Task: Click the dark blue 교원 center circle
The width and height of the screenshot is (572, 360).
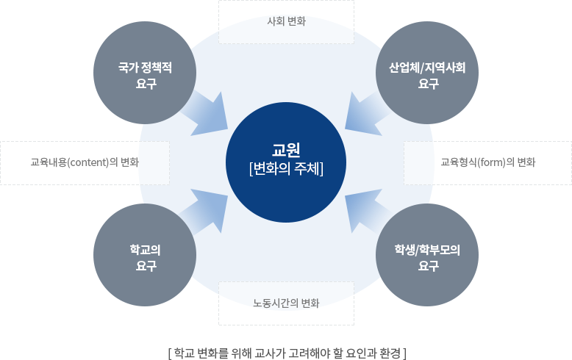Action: click(x=286, y=162)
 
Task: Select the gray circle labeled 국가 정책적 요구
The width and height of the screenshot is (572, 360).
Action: click(x=145, y=73)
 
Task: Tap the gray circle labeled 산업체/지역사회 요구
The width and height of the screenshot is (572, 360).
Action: click(x=427, y=73)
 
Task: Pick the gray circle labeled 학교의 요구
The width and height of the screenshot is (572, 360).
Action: click(x=145, y=255)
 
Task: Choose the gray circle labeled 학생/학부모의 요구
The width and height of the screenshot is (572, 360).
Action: click(x=427, y=255)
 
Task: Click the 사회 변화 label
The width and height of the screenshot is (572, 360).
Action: click(x=286, y=21)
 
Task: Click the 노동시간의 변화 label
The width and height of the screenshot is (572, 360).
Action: click(x=286, y=303)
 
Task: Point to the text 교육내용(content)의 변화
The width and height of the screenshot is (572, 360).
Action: click(x=85, y=162)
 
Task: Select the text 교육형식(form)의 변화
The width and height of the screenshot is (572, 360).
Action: click(x=487, y=162)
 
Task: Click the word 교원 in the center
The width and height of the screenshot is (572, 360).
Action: click(x=286, y=150)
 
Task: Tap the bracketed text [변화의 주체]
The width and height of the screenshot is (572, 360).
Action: click(x=286, y=169)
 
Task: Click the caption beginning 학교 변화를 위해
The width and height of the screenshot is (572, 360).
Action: click(x=287, y=353)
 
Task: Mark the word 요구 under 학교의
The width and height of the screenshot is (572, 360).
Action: click(x=146, y=266)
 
